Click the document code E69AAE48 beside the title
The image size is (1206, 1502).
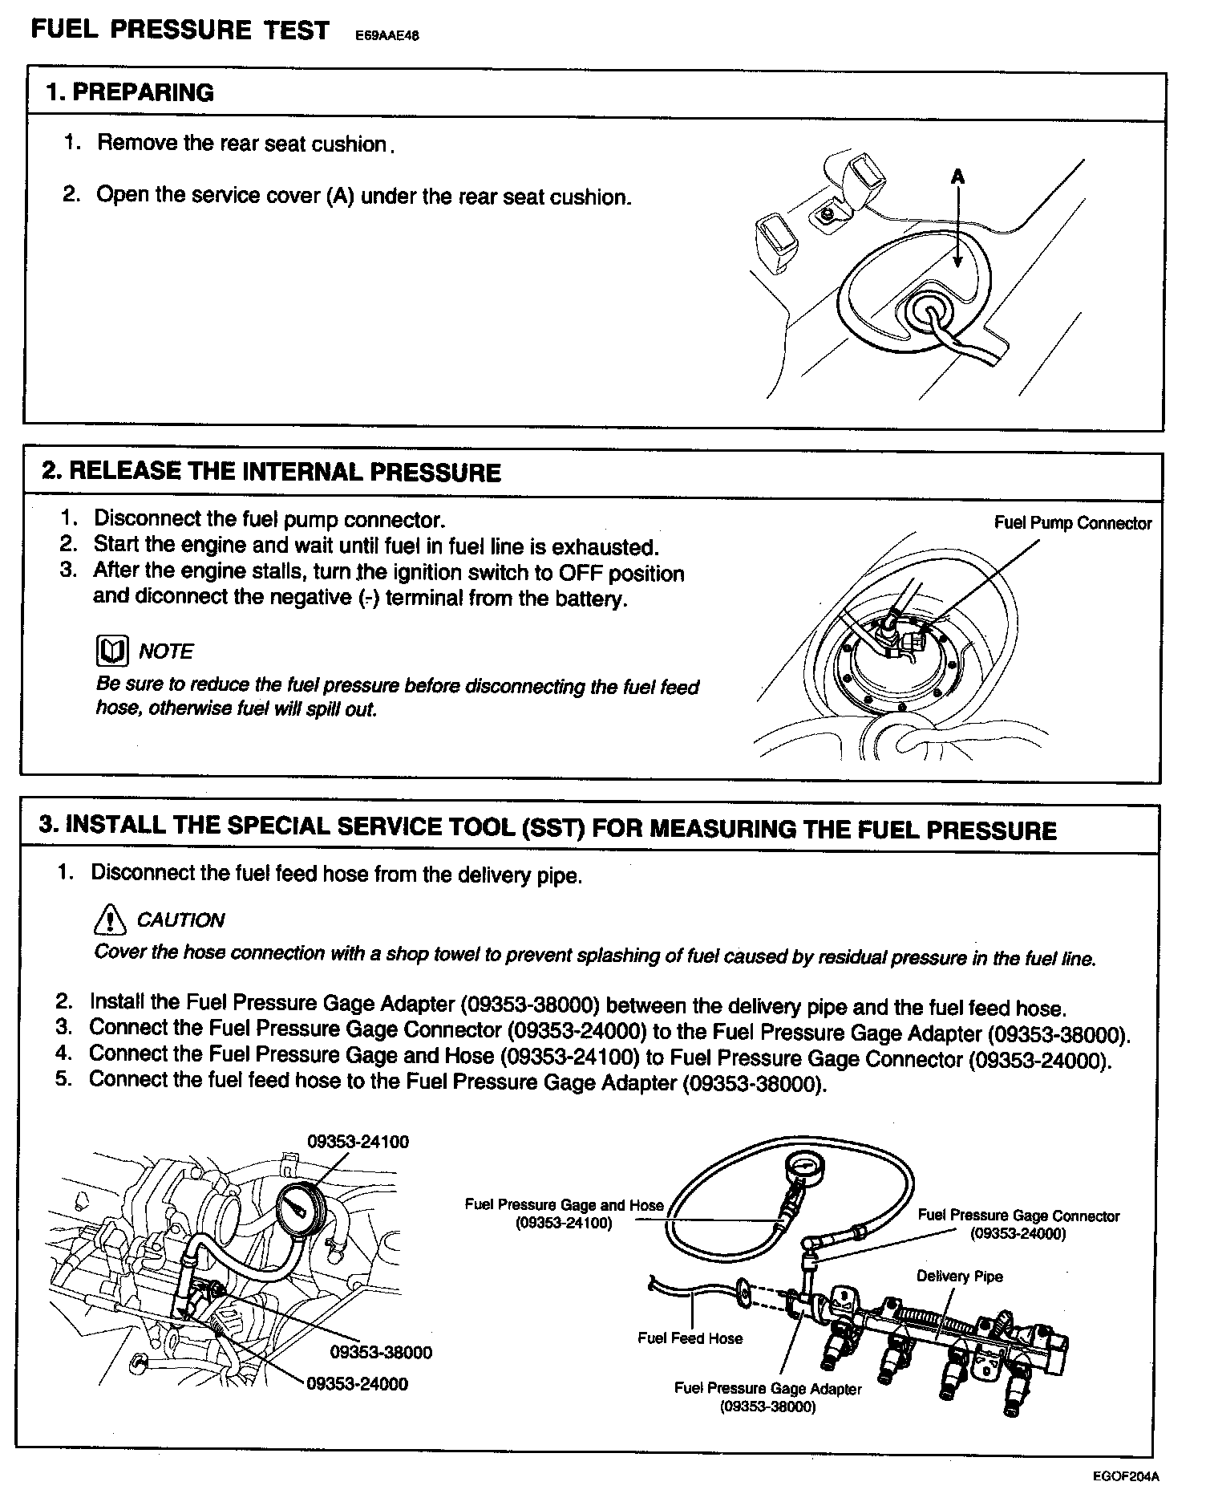(x=387, y=36)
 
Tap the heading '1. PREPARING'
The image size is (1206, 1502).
(x=130, y=93)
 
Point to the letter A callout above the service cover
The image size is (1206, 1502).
(x=957, y=176)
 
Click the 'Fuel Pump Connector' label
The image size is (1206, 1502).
(x=1072, y=524)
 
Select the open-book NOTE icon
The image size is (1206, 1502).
(x=111, y=652)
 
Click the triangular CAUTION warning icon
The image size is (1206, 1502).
(x=109, y=919)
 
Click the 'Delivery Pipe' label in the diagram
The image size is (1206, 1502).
(x=959, y=1277)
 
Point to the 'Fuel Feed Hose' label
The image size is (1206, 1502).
(x=690, y=1338)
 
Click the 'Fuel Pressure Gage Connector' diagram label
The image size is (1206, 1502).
(x=1018, y=1216)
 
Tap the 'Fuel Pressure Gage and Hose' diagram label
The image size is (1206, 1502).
(x=564, y=1205)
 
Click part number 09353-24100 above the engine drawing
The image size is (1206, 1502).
(x=358, y=1142)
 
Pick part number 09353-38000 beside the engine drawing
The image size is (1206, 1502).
(x=381, y=1353)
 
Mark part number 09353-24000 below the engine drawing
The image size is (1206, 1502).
(x=357, y=1384)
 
